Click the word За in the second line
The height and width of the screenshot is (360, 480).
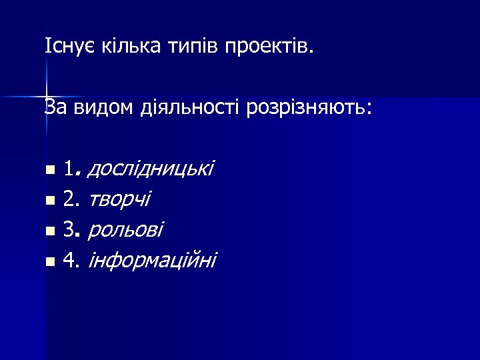[55, 106]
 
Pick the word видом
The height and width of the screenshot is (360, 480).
[95, 106]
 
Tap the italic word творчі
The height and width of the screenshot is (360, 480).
[119, 199]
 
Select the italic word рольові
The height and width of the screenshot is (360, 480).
[125, 229]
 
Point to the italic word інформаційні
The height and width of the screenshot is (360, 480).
[152, 260]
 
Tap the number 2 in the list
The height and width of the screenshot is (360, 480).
[69, 199]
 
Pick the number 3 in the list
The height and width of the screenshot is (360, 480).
[69, 229]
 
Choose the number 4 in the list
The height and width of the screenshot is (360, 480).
[69, 260]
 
